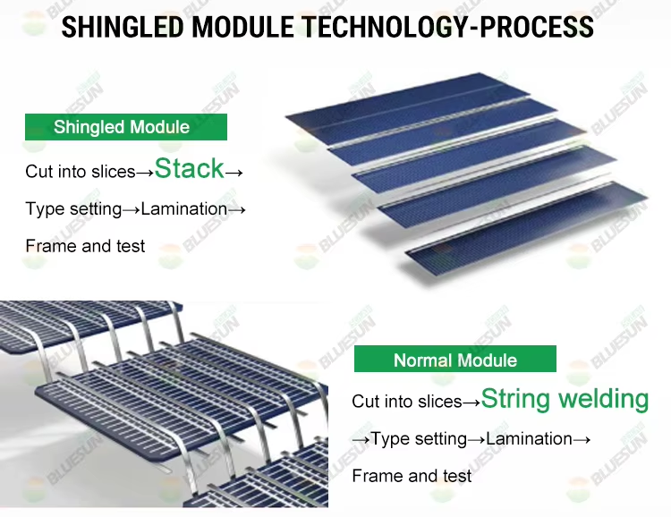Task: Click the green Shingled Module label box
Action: tap(125, 127)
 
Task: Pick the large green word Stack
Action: tap(189, 167)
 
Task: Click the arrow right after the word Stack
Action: tap(234, 171)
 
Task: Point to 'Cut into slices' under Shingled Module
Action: tap(80, 171)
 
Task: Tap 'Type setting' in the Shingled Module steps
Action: tap(72, 209)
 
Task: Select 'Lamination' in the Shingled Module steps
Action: tap(183, 209)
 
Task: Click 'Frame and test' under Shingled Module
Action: tap(85, 247)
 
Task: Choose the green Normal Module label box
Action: tap(454, 360)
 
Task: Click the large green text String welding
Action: tap(565, 399)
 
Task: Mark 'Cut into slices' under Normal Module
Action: tap(406, 402)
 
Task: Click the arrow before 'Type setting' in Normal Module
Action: tap(361, 439)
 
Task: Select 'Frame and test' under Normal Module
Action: tap(412, 476)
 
